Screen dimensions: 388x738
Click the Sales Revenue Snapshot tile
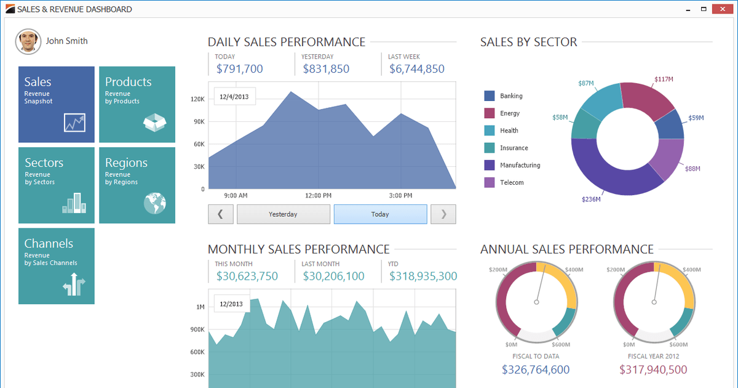coord(57,105)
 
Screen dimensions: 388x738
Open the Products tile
coord(137,105)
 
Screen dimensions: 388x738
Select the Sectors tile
coord(57,185)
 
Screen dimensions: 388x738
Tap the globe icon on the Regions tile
coord(155,203)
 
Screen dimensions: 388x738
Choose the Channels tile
coord(57,266)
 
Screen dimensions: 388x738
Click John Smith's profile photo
coord(28,41)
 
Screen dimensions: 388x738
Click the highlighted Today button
coord(380,214)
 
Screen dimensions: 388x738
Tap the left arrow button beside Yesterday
coord(221,214)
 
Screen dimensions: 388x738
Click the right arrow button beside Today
coord(443,214)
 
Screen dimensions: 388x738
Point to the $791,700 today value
coord(239,69)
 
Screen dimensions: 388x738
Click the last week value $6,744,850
coord(416,69)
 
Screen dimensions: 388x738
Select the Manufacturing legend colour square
coord(490,165)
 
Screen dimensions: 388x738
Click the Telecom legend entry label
coord(512,183)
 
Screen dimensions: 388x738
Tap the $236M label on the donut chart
coord(591,199)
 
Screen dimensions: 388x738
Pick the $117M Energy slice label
coord(664,79)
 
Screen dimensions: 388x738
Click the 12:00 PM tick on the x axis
coord(319,196)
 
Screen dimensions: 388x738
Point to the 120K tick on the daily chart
coord(197,99)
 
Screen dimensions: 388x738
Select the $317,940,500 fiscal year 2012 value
coord(653,370)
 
